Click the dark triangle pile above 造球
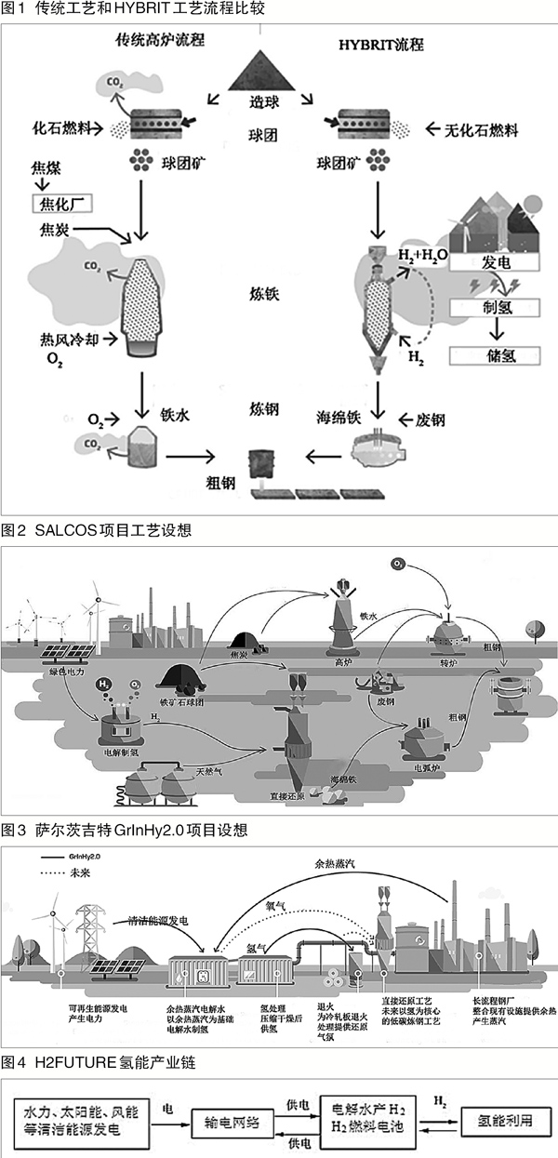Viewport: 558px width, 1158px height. pyautogui.click(x=269, y=71)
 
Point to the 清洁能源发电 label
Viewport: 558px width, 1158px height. pyautogui.click(x=161, y=919)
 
